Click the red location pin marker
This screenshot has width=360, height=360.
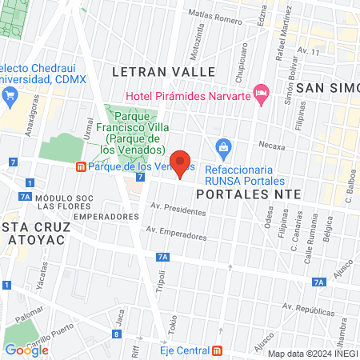click(x=180, y=164)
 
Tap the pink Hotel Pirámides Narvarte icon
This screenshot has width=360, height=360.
click(x=260, y=94)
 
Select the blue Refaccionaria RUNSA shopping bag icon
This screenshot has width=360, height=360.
click(x=224, y=147)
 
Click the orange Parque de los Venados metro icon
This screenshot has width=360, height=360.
click(x=81, y=166)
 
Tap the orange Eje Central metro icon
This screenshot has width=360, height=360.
click(x=218, y=350)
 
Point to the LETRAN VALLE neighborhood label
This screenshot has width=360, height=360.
click(x=164, y=71)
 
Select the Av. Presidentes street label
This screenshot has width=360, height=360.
click(x=178, y=210)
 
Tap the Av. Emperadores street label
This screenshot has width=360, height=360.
click(x=175, y=234)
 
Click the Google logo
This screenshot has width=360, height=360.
click(x=26, y=350)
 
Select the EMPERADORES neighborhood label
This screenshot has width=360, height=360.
click(x=100, y=216)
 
